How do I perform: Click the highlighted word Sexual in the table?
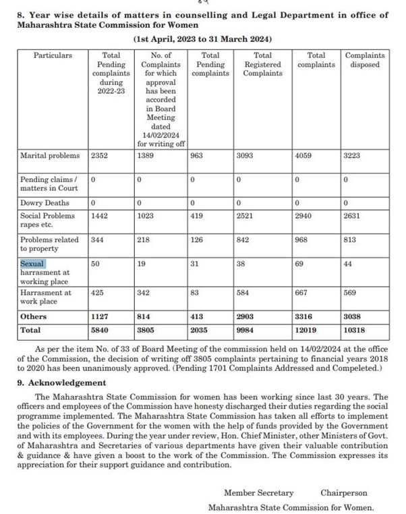(33, 264)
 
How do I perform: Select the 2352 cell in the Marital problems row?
(99, 156)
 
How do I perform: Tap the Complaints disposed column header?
(365, 60)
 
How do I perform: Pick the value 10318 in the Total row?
(357, 331)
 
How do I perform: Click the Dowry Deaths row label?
(44, 203)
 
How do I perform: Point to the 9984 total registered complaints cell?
(246, 331)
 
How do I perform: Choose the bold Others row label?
(33, 317)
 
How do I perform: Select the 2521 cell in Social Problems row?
(246, 216)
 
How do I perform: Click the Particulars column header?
(53, 55)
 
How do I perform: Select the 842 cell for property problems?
(243, 240)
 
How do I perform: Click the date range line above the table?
(202, 40)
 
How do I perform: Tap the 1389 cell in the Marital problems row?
(146, 156)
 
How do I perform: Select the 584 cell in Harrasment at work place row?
(243, 293)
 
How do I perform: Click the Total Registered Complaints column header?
(262, 64)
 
